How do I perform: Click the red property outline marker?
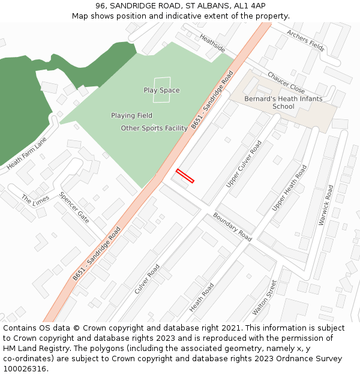click(185, 176)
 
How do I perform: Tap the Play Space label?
click(161, 91)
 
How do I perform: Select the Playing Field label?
click(131, 115)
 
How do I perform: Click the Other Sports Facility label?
click(154, 128)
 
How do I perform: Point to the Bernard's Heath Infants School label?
click(283, 103)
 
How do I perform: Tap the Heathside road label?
click(212, 43)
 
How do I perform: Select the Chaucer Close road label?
click(286, 83)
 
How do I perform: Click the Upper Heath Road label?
click(289, 188)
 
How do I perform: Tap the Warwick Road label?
click(326, 205)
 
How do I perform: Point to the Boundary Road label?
click(232, 226)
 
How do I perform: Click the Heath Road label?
click(202, 298)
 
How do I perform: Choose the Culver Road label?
click(147, 279)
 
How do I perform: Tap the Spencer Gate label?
click(74, 208)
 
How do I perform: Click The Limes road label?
click(35, 199)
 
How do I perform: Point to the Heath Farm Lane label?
click(26, 153)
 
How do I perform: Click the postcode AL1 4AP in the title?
click(250, 6)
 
